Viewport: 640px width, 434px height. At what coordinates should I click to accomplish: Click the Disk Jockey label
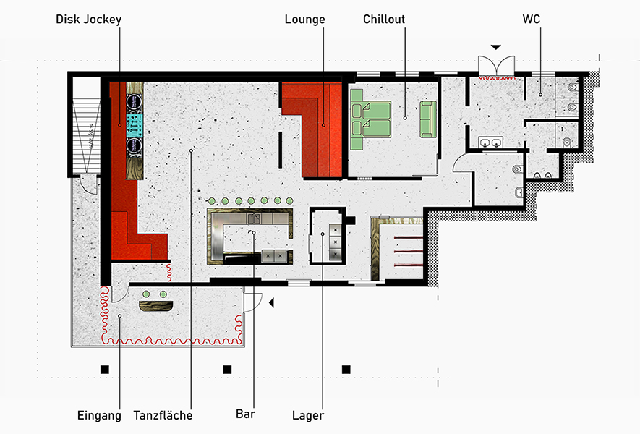pyautogui.click(x=88, y=20)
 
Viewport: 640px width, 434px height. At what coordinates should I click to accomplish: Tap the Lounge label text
pyautogui.click(x=305, y=20)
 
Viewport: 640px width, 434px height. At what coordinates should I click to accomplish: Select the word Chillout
pyautogui.click(x=384, y=20)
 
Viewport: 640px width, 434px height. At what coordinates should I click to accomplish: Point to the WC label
pyautogui.click(x=532, y=20)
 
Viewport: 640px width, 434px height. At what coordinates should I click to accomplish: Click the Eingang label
pyautogui.click(x=99, y=416)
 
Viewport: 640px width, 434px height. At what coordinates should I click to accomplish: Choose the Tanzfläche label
pyautogui.click(x=163, y=415)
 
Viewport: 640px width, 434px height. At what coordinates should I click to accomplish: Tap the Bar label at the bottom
pyautogui.click(x=246, y=414)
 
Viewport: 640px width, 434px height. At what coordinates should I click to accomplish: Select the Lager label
pyautogui.click(x=308, y=416)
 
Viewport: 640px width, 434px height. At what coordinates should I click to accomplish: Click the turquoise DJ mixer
pyautogui.click(x=135, y=124)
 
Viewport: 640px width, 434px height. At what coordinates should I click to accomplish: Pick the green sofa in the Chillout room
pyautogui.click(x=428, y=119)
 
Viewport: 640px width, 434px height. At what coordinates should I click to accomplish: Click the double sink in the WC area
pyautogui.click(x=490, y=142)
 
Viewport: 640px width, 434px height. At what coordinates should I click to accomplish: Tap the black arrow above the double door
pyautogui.click(x=496, y=47)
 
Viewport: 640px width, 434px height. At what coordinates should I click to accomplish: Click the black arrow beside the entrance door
pyautogui.click(x=271, y=302)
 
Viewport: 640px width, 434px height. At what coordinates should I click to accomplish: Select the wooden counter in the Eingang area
pyautogui.click(x=156, y=306)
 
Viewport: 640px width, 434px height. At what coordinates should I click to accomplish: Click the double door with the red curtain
pyautogui.click(x=496, y=67)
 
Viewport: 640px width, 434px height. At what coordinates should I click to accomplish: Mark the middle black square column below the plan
pyautogui.click(x=227, y=370)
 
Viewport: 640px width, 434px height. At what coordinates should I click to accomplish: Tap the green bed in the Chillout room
pyautogui.click(x=370, y=119)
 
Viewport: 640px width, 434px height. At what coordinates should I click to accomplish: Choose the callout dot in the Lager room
pyautogui.click(x=323, y=234)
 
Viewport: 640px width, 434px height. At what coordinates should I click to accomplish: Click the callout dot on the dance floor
pyautogui.click(x=191, y=150)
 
